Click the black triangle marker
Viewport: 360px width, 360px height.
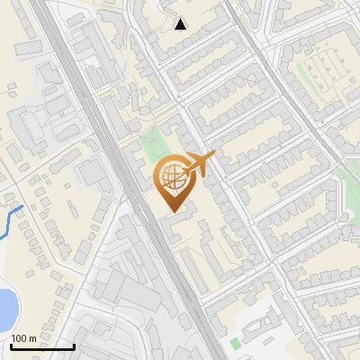[181, 24]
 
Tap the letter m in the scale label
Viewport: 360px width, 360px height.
[32, 338]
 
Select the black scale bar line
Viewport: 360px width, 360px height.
[42, 346]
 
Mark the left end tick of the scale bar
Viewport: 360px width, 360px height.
[11, 345]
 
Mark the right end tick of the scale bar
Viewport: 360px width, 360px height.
[74, 345]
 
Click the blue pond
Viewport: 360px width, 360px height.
[5, 308]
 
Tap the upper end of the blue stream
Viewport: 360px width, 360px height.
[22, 207]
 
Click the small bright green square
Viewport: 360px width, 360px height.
[236, 343]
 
